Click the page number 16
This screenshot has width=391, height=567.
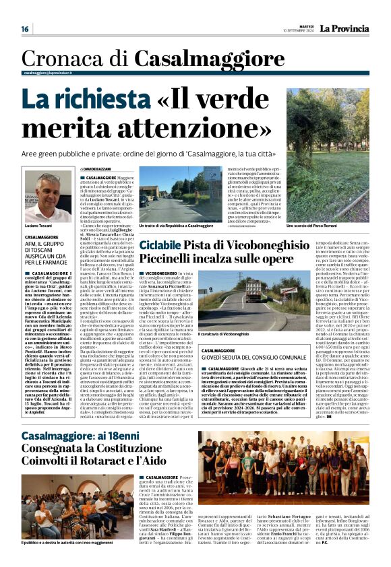[x=25, y=28]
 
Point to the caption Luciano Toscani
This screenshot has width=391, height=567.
[x=41, y=225]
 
